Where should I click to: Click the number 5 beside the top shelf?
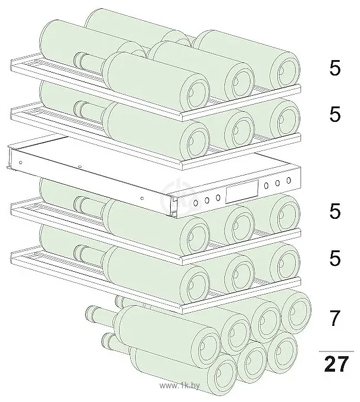pos(335,68)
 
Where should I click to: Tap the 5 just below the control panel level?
pos(335,211)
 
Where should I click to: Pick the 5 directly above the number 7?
pos(335,258)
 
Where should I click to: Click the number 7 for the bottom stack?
pos(335,318)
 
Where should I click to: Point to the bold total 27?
pos(336,364)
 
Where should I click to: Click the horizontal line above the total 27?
pos(336,351)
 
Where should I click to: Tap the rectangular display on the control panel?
pos(242,191)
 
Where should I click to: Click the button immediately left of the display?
pos(218,197)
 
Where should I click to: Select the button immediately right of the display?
pos(267,186)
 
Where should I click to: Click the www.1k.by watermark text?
pos(179,385)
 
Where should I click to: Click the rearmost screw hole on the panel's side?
pos(21,162)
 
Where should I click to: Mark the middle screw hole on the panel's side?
pos(80,167)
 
